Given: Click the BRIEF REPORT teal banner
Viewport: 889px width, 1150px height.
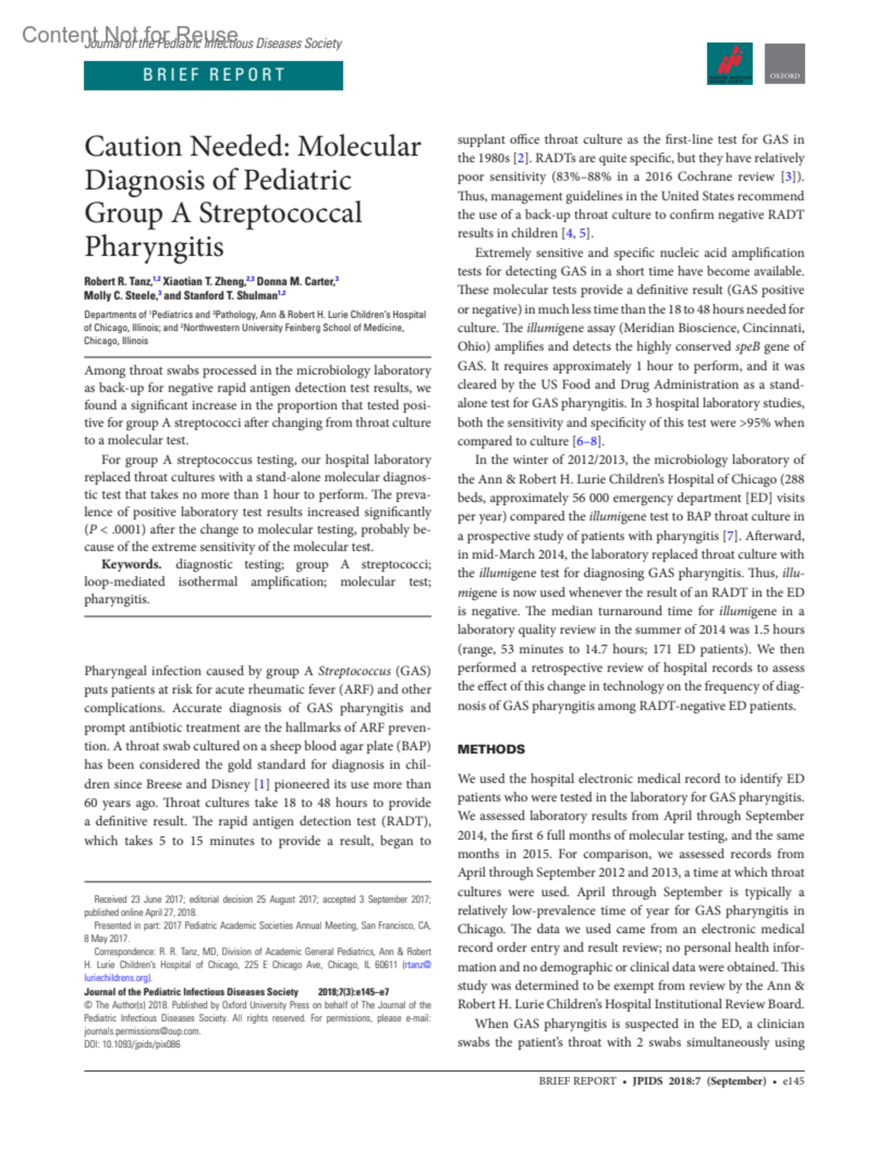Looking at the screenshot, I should [x=213, y=76].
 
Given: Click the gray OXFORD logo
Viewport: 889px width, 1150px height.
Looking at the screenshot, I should [x=785, y=64].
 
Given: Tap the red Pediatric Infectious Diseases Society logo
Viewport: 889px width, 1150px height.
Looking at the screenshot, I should [x=730, y=64].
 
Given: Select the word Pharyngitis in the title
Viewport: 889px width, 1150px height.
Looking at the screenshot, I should [x=154, y=247].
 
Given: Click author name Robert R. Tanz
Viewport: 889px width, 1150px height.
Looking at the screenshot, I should [x=118, y=281].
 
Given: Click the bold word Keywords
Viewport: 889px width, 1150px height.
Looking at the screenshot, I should [x=131, y=564].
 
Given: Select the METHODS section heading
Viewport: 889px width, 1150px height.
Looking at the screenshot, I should [x=490, y=749].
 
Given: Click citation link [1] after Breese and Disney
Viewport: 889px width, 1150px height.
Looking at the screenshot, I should [x=262, y=784].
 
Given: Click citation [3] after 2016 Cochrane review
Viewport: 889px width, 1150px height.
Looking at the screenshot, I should [x=788, y=177].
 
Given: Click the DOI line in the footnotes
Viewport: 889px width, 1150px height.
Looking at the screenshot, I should [x=132, y=1044].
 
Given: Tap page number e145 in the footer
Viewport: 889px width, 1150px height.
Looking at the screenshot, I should [x=793, y=1081].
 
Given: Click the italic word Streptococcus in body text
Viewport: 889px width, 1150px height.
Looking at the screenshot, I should [x=354, y=671].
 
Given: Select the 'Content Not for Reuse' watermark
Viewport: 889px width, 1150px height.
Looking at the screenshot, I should [x=130, y=34].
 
